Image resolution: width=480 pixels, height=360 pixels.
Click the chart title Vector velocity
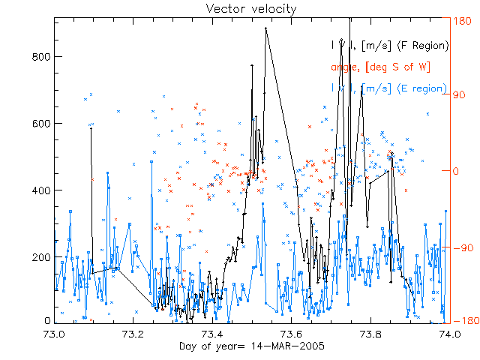tap(240, 8)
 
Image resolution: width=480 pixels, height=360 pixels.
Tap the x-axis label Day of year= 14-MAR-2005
tap(239, 346)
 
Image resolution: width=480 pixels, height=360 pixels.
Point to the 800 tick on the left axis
tap(41, 57)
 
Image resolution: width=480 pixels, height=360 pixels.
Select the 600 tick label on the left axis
tap(41, 124)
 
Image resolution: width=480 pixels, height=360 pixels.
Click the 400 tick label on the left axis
tap(41, 190)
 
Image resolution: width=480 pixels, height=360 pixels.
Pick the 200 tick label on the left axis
tap(41, 257)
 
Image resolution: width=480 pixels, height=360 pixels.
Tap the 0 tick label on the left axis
tap(47, 321)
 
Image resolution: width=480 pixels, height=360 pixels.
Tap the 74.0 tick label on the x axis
tap(449, 334)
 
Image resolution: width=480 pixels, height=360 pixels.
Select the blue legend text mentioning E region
tap(389, 88)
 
